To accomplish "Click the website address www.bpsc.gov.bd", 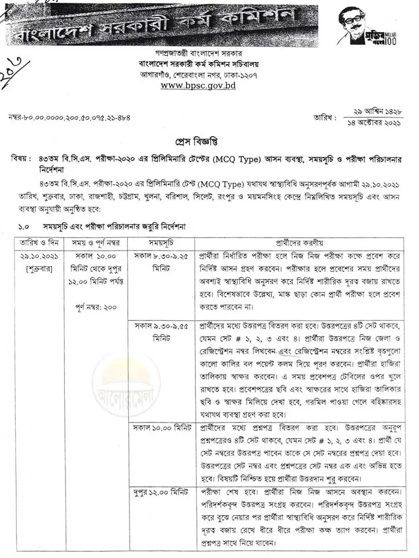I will [x=198, y=85].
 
